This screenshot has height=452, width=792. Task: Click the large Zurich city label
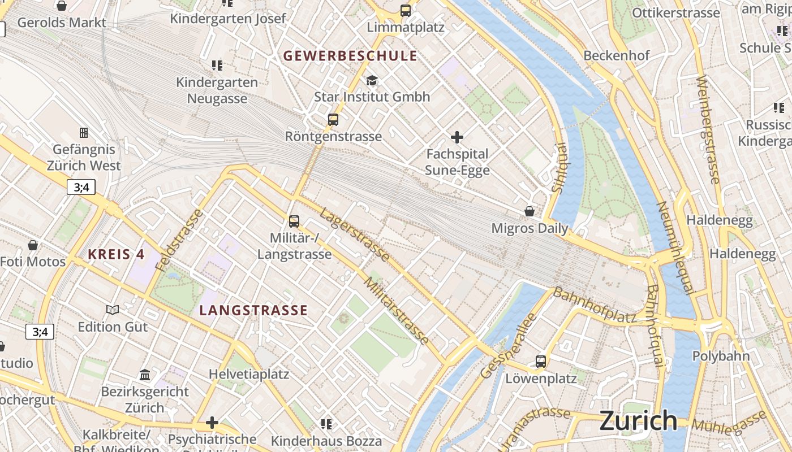coord(638,421)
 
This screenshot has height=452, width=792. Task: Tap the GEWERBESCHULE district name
coord(350,56)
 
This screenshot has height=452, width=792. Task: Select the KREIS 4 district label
coord(117,254)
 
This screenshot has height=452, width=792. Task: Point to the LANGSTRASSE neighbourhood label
coord(253,310)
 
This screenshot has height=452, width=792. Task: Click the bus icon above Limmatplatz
coord(406,10)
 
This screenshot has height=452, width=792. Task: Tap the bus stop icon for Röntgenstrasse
coord(333,120)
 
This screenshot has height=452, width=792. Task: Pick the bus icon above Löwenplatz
coord(541,362)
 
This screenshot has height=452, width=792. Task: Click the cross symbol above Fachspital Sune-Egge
coord(457,137)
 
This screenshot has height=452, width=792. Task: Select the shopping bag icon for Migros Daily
coord(530,211)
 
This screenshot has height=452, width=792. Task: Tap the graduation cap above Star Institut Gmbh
coord(372,80)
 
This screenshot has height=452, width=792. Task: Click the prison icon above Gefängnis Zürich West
coord(84,133)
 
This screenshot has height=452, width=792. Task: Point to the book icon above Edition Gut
coord(113,310)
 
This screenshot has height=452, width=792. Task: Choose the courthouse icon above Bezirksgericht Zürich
coord(145,375)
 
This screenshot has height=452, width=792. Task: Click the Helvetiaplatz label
coord(249,374)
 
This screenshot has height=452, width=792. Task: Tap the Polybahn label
coord(721,356)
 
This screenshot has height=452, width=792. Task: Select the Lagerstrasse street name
coord(354,235)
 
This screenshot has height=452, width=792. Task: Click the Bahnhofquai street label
coord(655,326)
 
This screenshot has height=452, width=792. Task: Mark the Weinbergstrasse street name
coord(708,130)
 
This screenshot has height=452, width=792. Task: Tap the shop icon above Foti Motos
coord(33,245)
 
